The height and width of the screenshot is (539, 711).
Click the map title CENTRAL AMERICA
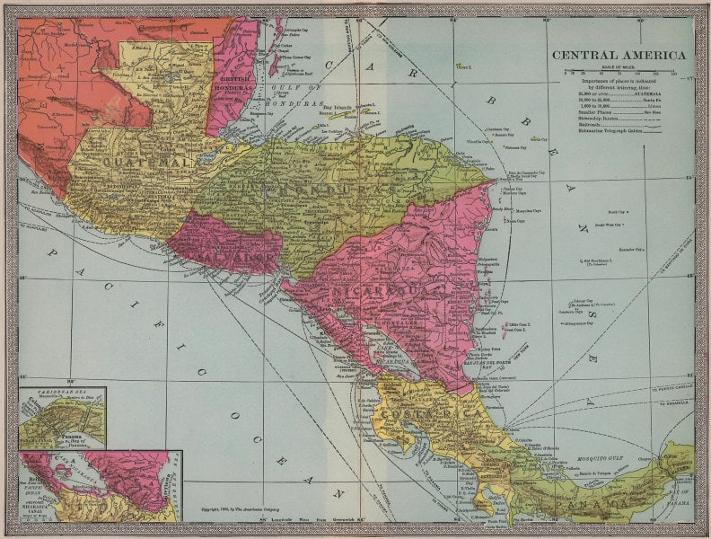[619, 55]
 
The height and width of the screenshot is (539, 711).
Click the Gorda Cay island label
[539, 139]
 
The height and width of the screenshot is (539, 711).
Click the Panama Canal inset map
[62, 419]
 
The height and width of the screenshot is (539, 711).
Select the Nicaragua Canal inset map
[100, 485]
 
